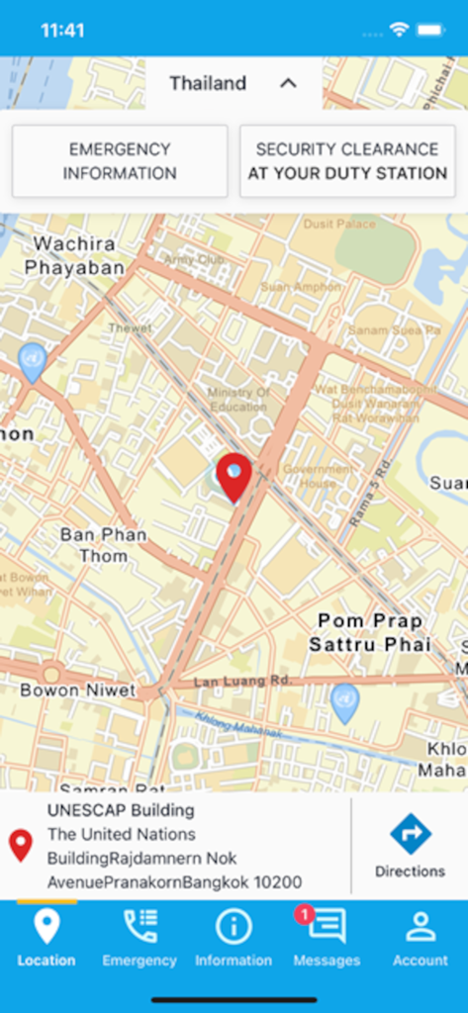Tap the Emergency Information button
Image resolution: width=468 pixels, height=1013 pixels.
120,161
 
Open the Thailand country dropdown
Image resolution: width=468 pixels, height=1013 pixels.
234,83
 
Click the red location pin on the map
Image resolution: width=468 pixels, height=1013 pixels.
234,476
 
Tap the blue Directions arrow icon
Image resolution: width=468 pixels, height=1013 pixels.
410,833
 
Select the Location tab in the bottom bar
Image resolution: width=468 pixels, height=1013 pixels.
47,937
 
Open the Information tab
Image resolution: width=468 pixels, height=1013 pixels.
234,937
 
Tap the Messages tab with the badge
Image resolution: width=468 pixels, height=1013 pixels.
326,937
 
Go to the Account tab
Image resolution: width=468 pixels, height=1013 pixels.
421,937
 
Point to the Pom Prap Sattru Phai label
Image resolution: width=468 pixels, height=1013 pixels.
369,632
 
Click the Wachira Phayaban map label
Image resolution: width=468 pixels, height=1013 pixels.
74,255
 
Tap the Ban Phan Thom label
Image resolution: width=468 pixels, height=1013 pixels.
103,545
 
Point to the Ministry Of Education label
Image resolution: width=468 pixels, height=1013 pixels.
238,399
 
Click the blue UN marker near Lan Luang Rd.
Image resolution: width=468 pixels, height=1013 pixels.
344,701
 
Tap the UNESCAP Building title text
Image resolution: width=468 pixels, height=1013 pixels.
121,810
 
